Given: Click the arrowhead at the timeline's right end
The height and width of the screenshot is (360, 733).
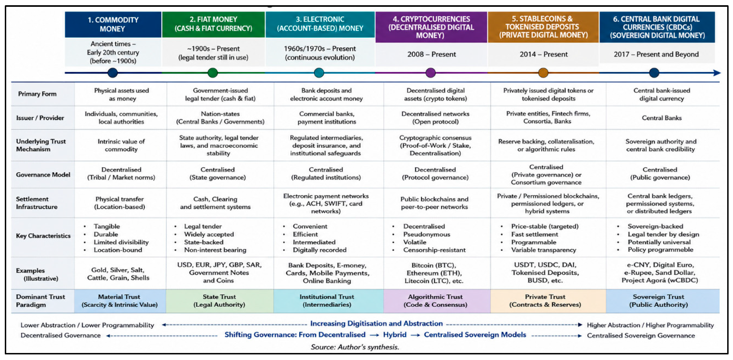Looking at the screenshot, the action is coord(717,73).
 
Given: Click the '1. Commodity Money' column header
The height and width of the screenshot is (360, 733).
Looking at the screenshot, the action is coord(113,24).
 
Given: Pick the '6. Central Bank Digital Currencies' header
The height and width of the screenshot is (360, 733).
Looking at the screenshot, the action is coord(657,27).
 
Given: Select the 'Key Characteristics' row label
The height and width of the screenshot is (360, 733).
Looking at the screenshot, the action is coord(43,236).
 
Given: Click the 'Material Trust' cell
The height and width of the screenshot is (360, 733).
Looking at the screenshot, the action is coord(120,301).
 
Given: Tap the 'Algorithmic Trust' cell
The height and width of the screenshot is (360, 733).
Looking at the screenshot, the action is coord(435,301).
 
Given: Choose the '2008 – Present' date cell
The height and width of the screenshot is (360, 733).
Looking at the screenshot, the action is coord(431,54).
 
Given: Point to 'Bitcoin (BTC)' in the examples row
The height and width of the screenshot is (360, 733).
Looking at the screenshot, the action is coord(434,265).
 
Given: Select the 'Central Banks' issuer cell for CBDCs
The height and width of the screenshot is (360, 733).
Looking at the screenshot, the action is coord(662,118).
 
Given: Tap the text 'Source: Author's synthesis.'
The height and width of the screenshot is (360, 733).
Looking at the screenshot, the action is coord(355,347).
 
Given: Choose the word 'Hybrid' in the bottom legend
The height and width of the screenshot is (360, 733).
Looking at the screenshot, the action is coord(395,335).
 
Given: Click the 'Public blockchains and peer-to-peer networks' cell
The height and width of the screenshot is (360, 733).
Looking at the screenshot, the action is coord(434,203).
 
